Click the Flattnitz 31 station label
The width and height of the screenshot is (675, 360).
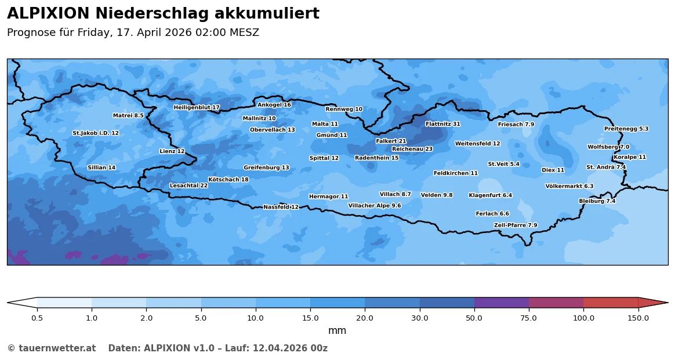coord(442,124)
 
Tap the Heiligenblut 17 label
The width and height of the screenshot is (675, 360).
coord(197,108)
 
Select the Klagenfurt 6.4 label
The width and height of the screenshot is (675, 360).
coord(490,195)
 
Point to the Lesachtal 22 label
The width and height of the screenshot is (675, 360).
coord(188,186)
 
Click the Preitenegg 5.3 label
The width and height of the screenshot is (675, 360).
coord(626,129)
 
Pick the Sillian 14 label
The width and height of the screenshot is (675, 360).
coord(101,168)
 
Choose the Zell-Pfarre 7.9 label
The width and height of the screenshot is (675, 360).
coord(516,226)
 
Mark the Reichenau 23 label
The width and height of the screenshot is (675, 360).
coord(412,149)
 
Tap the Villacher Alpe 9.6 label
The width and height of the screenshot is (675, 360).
coord(374,206)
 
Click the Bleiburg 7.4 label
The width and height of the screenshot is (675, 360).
coord(597,201)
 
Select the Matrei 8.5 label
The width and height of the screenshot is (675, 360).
coord(128,116)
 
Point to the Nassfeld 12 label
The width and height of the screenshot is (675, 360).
coord(281,207)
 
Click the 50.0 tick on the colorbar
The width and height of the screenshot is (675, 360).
coord(474,307)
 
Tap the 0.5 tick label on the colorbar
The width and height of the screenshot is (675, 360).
coord(37,318)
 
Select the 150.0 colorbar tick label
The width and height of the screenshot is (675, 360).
coord(638,318)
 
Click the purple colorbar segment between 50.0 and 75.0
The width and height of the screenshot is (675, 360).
coord(502,303)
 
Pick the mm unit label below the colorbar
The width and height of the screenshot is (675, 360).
coord(337,331)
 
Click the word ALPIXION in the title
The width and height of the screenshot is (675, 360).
coord(48,14)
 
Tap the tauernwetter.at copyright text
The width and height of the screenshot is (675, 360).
coord(51,348)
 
